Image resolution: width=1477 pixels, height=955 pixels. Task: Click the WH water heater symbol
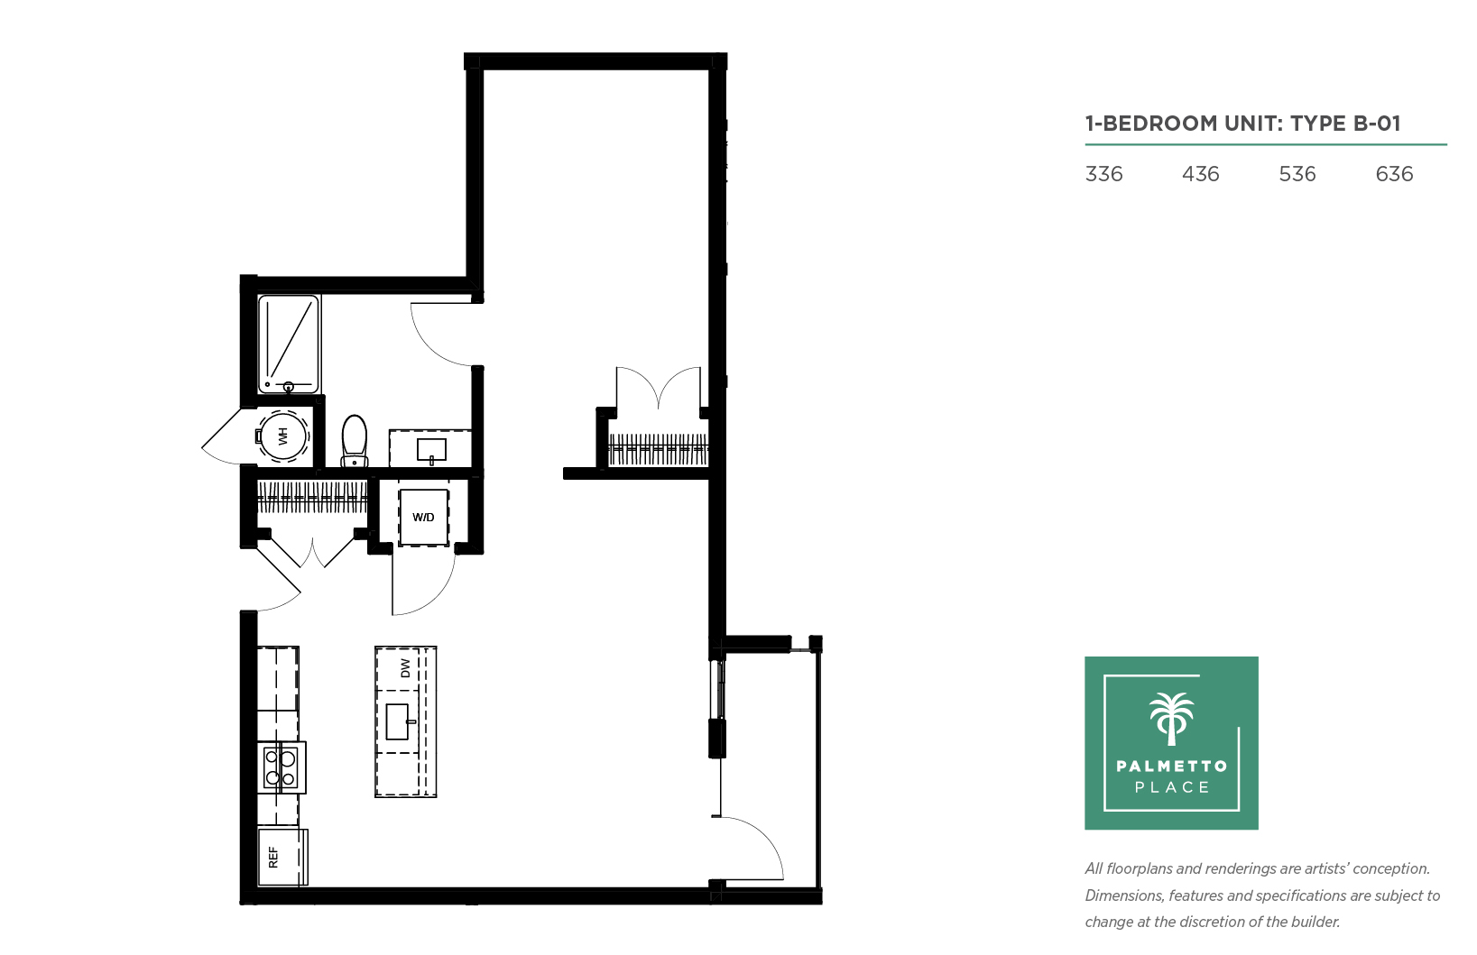tap(282, 436)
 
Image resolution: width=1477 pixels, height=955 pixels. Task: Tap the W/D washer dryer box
tap(423, 518)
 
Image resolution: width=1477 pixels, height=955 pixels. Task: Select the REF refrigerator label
tap(273, 858)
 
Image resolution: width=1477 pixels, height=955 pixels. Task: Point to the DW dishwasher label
tap(405, 668)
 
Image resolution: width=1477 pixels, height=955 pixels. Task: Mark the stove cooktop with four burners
tap(282, 767)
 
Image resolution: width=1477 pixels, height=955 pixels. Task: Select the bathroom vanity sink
tap(432, 451)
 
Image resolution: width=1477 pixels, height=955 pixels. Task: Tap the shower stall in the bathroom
tap(289, 344)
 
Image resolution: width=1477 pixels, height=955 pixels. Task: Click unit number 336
tap(1103, 174)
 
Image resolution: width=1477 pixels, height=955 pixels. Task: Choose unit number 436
tap(1201, 174)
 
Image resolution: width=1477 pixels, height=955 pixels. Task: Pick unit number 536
tap(1297, 174)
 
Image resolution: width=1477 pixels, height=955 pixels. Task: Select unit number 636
tap(1395, 174)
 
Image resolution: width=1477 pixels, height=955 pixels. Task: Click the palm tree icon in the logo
tap(1172, 719)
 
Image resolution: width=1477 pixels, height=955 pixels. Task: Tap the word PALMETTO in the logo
tap(1172, 766)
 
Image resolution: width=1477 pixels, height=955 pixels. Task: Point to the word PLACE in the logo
tap(1172, 787)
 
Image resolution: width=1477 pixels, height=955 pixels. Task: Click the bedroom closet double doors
tap(658, 389)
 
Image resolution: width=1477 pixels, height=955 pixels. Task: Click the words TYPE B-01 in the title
tap(1345, 124)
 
